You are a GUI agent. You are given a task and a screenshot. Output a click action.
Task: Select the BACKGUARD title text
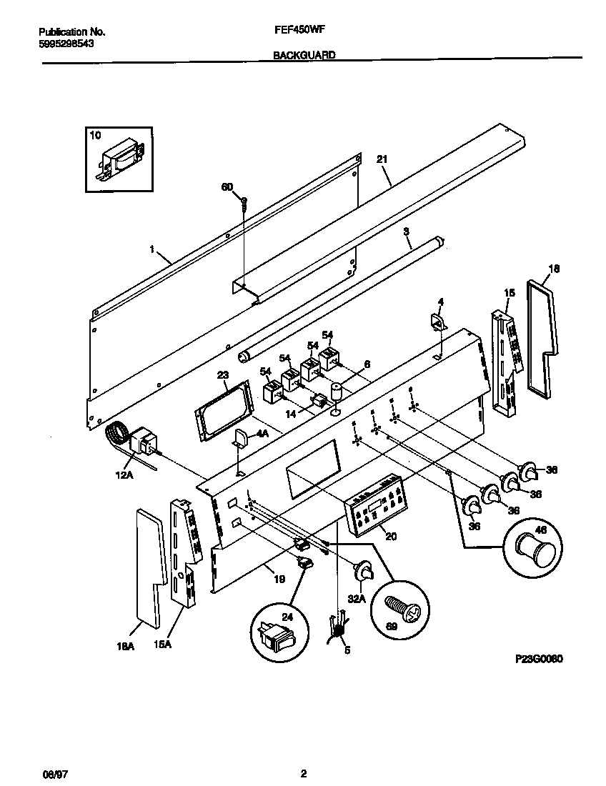(304, 55)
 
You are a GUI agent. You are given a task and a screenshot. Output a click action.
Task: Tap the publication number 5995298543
(65, 43)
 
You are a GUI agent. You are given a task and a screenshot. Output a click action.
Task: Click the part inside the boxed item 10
(121, 160)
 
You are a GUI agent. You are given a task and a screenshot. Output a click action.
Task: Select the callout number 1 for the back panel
(152, 250)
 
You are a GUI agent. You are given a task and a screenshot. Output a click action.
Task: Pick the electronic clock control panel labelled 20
(375, 505)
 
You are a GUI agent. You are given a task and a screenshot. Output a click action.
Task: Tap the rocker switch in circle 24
(277, 631)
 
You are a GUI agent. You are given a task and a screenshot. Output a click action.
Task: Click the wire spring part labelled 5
(338, 627)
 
